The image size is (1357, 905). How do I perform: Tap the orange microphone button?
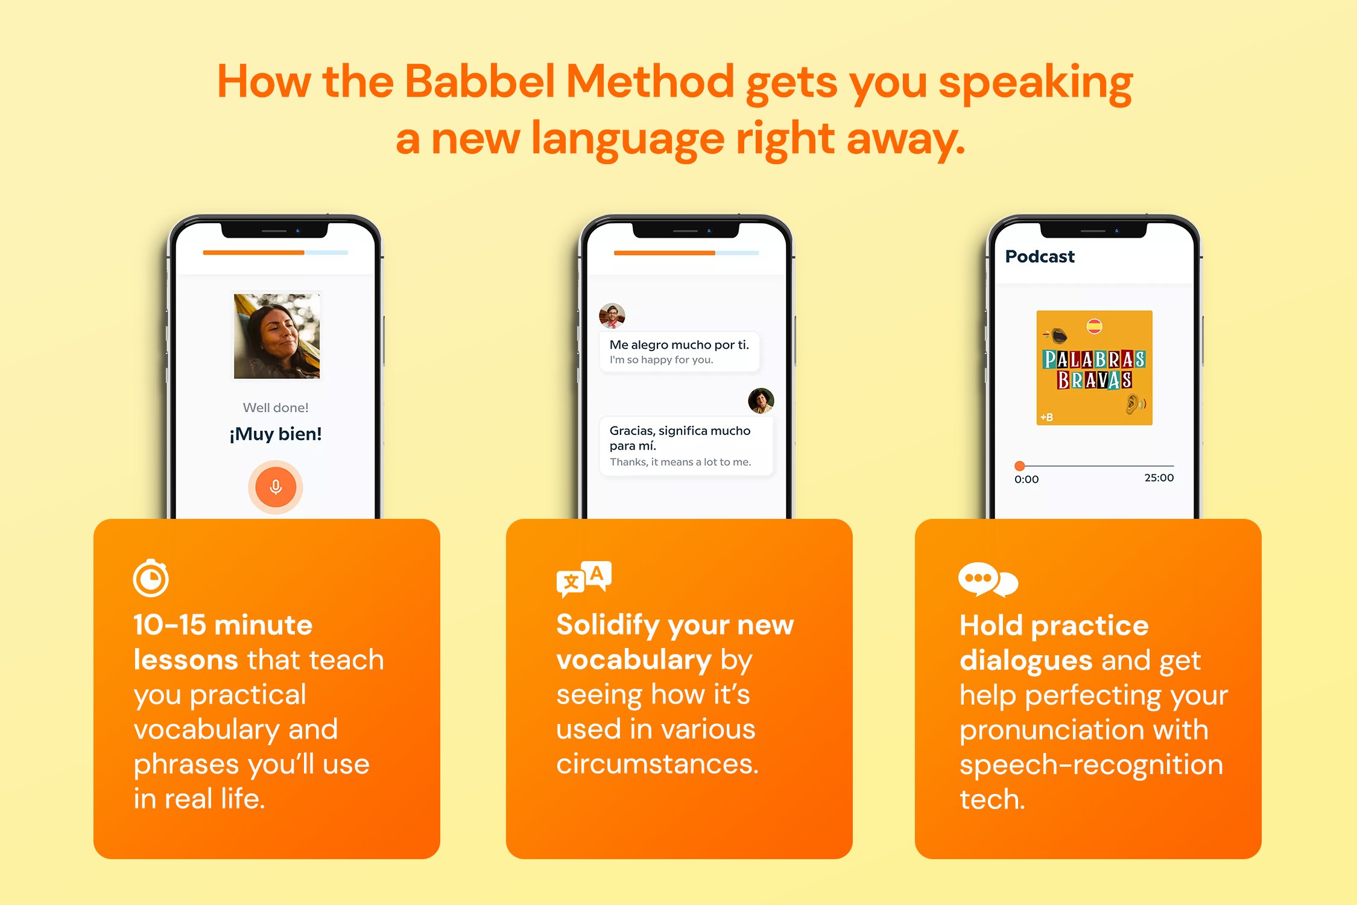(276, 487)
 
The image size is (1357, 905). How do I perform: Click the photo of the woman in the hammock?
(277, 336)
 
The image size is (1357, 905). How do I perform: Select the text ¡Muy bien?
(276, 434)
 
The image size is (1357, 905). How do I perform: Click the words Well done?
(276, 408)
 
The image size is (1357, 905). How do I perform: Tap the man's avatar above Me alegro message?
(612, 316)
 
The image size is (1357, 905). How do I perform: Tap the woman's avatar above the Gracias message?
(761, 401)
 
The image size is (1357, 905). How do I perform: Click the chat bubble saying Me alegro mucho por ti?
(679, 352)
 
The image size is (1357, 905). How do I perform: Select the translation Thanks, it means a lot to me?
(680, 462)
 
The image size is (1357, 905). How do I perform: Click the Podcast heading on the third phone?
(1040, 257)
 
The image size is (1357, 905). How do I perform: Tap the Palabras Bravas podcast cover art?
(1094, 368)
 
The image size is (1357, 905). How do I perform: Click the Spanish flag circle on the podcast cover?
(1094, 326)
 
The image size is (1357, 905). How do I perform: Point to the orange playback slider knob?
(1019, 466)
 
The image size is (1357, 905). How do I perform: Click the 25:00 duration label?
(1159, 478)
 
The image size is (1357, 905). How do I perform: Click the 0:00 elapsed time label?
(1026, 480)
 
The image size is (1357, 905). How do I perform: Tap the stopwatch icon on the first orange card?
(151, 579)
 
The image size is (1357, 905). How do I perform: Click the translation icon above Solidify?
(584, 579)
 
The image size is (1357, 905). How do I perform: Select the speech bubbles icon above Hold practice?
(988, 580)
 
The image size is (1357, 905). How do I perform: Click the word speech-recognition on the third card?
(1091, 765)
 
